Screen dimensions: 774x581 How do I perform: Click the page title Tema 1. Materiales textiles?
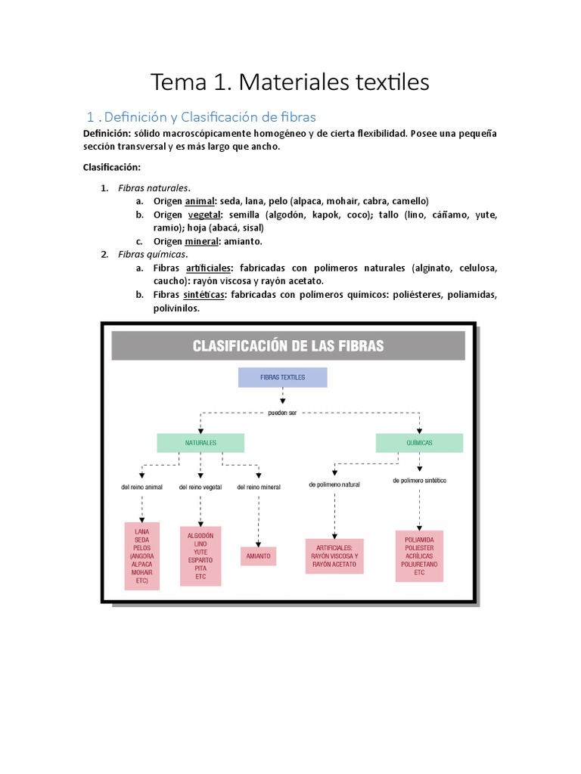tap(290, 82)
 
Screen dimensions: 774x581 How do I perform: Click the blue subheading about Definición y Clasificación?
tap(201, 117)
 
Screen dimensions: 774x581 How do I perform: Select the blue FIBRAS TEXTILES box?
tap(282, 377)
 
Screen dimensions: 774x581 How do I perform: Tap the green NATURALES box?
tap(200, 442)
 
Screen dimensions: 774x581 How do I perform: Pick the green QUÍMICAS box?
tap(419, 442)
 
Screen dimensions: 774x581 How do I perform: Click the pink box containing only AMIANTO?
tap(258, 556)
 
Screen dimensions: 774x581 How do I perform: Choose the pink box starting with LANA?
tap(141, 556)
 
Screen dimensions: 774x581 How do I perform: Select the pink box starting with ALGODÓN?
tap(200, 556)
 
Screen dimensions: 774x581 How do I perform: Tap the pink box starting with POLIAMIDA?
tap(419, 556)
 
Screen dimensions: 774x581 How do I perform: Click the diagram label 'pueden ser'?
tap(282, 413)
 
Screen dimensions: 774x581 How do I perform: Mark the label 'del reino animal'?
tap(141, 487)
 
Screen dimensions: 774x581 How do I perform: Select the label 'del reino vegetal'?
tap(200, 487)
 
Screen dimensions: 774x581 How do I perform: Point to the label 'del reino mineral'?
tap(259, 487)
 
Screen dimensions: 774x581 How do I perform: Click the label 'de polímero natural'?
tap(334, 484)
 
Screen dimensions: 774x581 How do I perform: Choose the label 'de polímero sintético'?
tap(419, 481)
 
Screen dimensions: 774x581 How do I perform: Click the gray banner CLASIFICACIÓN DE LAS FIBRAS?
tap(288, 346)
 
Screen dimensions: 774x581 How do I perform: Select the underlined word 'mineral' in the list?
tap(202, 241)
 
